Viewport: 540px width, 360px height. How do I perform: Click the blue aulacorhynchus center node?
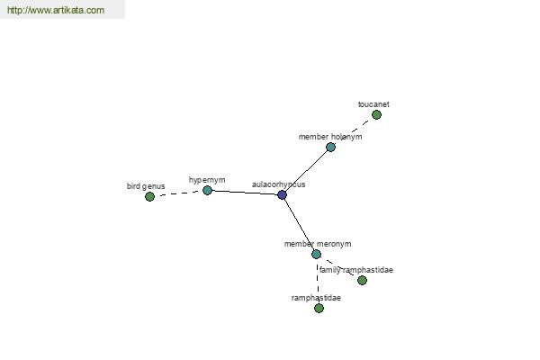282,195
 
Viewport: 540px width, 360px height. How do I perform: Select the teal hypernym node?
207,190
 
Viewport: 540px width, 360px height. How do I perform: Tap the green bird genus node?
149,197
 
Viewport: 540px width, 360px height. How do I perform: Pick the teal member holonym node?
330,147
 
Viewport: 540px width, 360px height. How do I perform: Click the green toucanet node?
377,114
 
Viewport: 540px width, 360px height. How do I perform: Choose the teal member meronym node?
317,254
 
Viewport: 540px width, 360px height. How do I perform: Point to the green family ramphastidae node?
362,281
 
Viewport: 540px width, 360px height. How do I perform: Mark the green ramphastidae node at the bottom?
319,308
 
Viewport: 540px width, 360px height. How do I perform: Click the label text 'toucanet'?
373,104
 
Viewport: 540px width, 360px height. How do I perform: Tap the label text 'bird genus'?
146,186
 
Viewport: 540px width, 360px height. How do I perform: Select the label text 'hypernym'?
207,180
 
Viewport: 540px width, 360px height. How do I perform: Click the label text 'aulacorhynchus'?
279,184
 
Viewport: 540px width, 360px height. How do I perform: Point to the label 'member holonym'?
330,137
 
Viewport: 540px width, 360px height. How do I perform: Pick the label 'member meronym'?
318,244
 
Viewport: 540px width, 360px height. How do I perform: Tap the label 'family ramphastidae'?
356,270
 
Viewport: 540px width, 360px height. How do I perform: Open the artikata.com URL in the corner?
56,10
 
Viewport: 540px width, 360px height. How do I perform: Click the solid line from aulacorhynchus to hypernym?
245,193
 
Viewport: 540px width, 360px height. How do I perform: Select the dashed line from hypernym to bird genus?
178,193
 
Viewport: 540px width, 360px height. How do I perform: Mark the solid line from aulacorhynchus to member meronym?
300,225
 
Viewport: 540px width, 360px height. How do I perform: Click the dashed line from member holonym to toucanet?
354,130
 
